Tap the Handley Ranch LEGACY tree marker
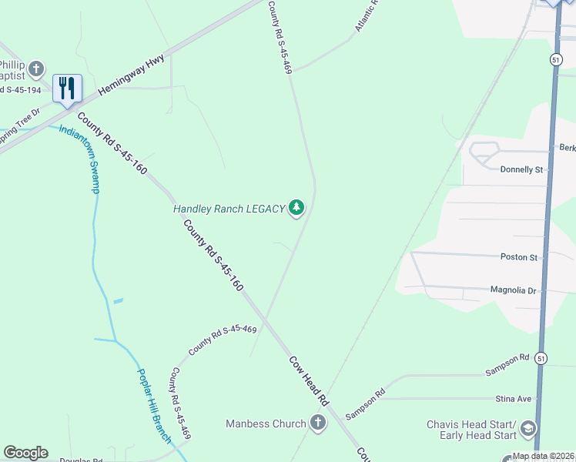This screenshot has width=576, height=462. point(296,208)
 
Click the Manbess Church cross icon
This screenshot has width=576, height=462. point(318,423)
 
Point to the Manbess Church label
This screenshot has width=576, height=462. point(266,423)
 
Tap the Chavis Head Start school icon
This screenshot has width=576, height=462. point(528,428)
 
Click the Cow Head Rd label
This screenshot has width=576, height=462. point(310,380)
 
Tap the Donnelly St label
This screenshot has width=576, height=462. point(521,169)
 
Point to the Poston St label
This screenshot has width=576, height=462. point(517,256)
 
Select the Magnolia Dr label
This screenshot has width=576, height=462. point(512,290)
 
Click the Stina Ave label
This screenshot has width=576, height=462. point(514,399)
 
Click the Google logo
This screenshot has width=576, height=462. point(25,453)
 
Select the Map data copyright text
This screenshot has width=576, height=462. point(544,456)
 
